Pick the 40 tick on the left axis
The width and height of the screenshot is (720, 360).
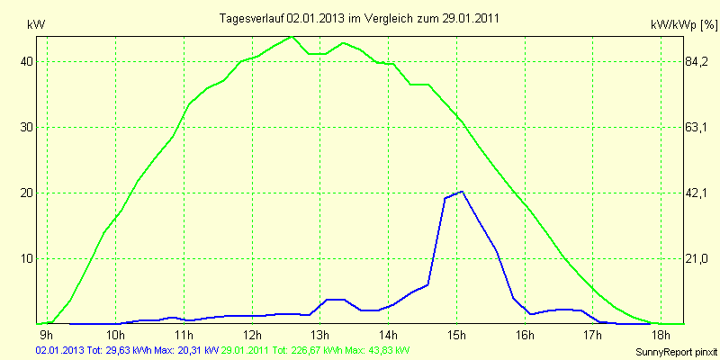point(28,61)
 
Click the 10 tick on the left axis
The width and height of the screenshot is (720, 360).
point(28,258)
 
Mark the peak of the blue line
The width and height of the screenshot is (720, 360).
point(462,192)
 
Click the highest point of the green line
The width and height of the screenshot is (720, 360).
point(291,37)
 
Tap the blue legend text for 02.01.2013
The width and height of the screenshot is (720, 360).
point(127,350)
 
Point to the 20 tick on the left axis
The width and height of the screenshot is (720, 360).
point(28,193)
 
